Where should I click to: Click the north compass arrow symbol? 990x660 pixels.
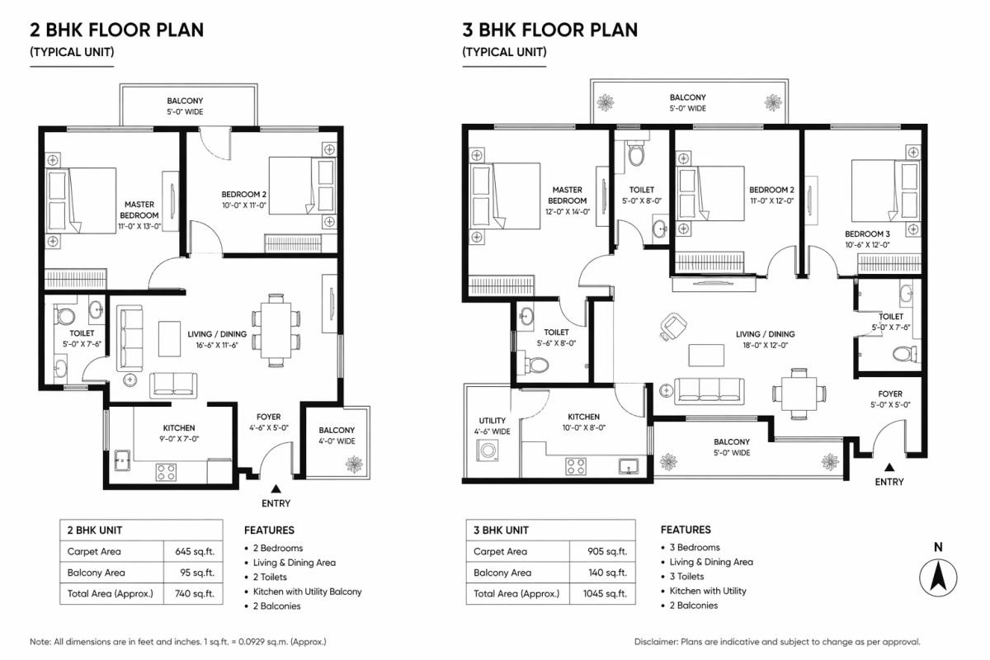click(x=938, y=577)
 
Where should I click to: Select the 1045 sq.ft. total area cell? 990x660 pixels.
click(x=606, y=593)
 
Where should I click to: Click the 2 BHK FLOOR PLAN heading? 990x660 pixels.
click(x=116, y=31)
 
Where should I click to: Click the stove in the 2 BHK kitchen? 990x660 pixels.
click(x=166, y=472)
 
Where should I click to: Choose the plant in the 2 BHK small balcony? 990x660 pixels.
click(x=355, y=464)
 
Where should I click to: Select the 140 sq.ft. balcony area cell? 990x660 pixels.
click(x=606, y=573)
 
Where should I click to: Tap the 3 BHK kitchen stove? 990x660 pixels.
click(x=575, y=467)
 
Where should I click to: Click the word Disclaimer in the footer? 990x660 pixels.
click(x=659, y=642)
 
